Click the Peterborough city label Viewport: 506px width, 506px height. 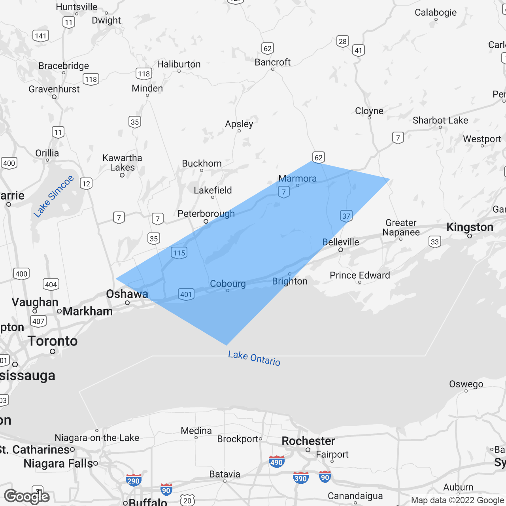tap(206, 214)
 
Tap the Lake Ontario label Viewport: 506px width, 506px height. tap(254, 358)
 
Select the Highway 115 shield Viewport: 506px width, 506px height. tap(179, 253)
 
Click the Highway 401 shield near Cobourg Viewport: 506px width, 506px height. tap(186, 294)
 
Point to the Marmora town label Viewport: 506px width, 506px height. tap(298, 179)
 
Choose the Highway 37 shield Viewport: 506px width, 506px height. tap(346, 216)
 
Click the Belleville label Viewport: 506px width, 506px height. tap(341, 242)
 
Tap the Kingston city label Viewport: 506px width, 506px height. tap(470, 227)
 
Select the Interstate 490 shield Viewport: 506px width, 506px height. tap(276, 462)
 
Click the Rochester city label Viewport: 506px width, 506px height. tap(308, 441)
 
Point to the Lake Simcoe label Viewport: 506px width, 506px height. tap(53, 196)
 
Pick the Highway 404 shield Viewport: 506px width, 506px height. tap(51, 284)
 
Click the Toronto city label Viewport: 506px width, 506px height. tap(53, 341)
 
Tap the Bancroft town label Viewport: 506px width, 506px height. tap(273, 62)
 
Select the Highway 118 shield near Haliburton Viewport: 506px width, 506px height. tap(144, 74)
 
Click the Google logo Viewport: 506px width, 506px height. tap(27, 497)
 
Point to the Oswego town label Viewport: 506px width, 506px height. tap(466, 384)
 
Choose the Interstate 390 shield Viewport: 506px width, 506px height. tap(300, 478)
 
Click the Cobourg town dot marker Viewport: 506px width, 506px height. tap(228, 291)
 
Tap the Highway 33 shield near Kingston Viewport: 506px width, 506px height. tap(435, 242)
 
